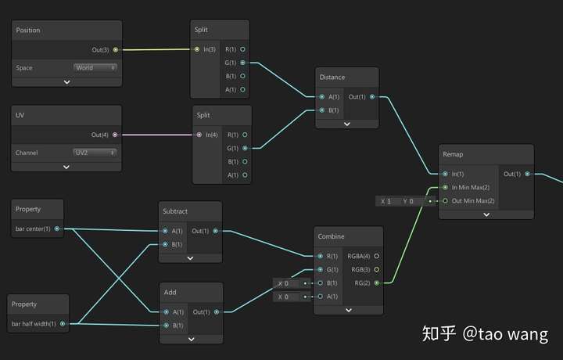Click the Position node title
28,31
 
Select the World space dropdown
95,67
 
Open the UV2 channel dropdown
95,153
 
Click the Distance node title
332,77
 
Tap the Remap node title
453,155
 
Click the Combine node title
332,236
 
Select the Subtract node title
175,211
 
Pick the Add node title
170,292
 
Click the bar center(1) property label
33,229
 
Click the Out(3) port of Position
116,49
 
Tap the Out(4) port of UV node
116,135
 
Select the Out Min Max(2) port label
474,200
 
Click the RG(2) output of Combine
378,283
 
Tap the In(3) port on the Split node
197,49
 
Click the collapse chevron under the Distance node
347,124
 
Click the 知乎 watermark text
439,334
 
